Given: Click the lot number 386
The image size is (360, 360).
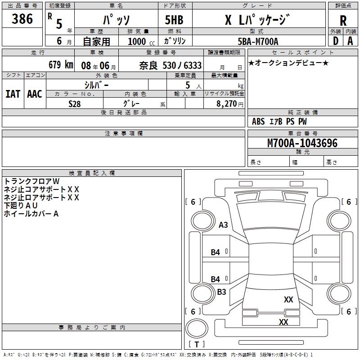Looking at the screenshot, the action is point(22,19).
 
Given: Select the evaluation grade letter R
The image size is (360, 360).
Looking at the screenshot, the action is point(343,20).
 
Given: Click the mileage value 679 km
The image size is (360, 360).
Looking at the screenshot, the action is point(60,65).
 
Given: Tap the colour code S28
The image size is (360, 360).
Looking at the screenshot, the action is point(75,103).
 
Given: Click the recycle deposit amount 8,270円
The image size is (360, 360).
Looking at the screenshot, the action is point(230,103).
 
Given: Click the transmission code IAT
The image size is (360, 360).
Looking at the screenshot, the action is point(13,94).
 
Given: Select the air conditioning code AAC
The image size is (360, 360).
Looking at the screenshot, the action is point(34,94).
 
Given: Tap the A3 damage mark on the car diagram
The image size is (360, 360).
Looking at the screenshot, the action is point(223,225).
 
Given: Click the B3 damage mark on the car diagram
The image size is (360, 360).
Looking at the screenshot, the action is point(221,292).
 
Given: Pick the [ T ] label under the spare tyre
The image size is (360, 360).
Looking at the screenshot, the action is point(197,344).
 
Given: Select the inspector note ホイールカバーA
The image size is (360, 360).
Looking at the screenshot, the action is point(31,214).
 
